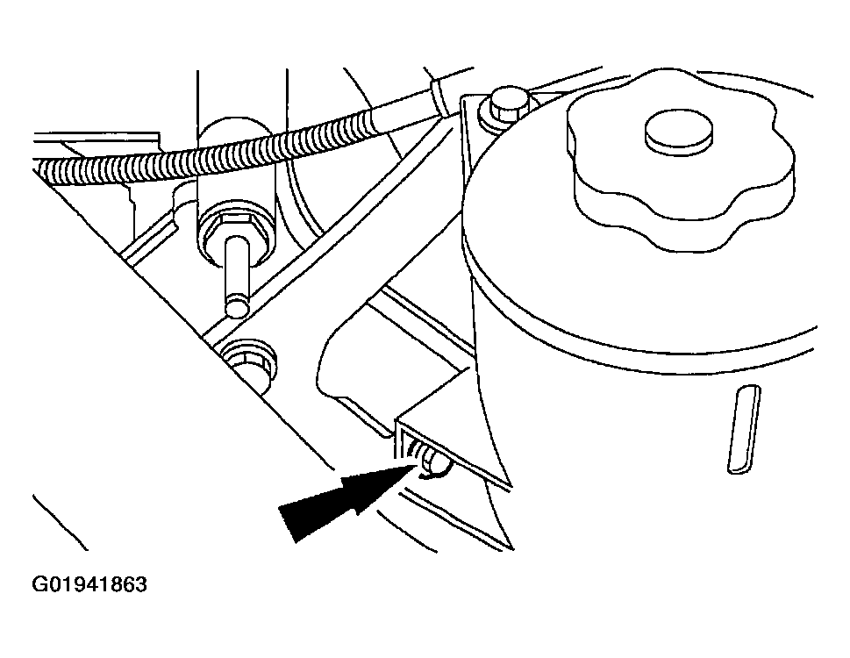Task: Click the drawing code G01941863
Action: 89,584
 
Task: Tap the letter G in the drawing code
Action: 39,584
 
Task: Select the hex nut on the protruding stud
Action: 234,233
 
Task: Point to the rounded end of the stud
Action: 237,306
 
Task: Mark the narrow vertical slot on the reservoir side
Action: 744,429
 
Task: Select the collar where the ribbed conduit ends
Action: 438,97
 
